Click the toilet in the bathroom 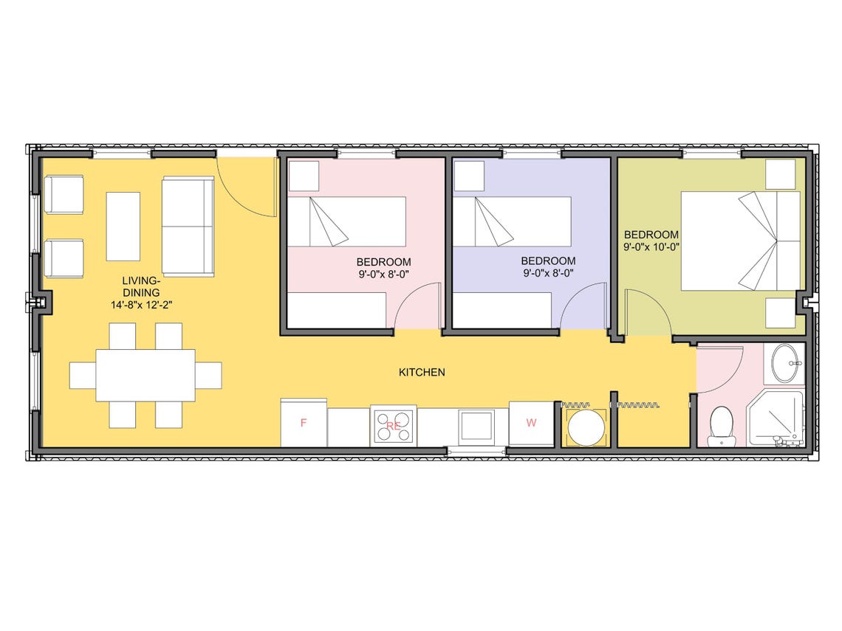pos(720,426)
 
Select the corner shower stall pos(776,420)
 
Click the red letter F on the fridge pos(303,423)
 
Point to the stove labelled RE pos(394,426)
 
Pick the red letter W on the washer pos(531,423)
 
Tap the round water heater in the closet pos(585,427)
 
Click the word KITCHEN pos(422,373)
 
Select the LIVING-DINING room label pos(141,286)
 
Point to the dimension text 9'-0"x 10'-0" pos(651,248)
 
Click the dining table pos(146,375)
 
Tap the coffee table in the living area pos(123,226)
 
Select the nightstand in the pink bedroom pos(303,176)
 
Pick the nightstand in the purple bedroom pos(468,176)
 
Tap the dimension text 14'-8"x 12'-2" pos(141,303)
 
